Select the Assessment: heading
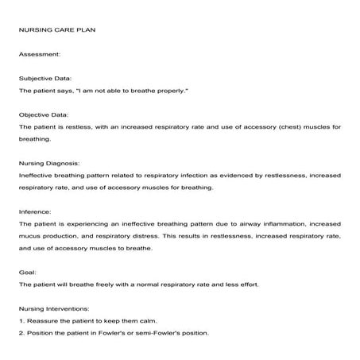39,55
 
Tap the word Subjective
37,79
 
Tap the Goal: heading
28,271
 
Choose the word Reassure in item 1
43,319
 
